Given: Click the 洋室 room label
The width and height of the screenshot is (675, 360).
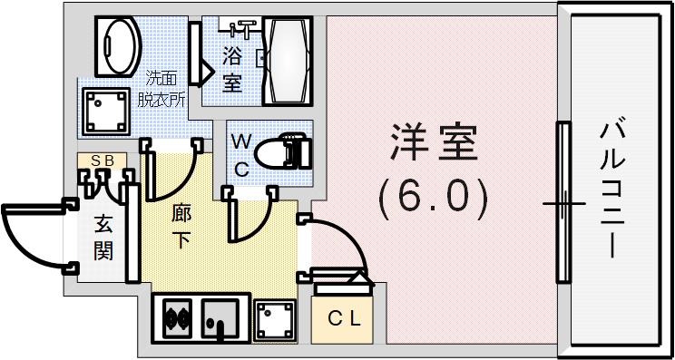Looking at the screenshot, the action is coord(434,144).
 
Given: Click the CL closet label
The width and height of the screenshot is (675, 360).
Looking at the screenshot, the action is coord(344,318).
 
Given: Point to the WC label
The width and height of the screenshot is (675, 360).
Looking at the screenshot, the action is coord(241,155).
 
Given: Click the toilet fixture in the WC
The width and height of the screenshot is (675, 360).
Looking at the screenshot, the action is coord(284,151).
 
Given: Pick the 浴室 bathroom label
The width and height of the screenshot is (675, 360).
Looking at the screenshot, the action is coord(231,69).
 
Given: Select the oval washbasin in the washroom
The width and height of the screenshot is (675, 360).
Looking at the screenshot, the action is coord(118,44).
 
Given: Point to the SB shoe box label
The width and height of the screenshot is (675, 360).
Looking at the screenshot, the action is coord(102,161).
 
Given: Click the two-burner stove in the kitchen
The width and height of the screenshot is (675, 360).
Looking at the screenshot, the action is coord(176,319).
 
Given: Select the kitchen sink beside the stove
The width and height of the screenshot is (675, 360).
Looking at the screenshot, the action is coord(220,318).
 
